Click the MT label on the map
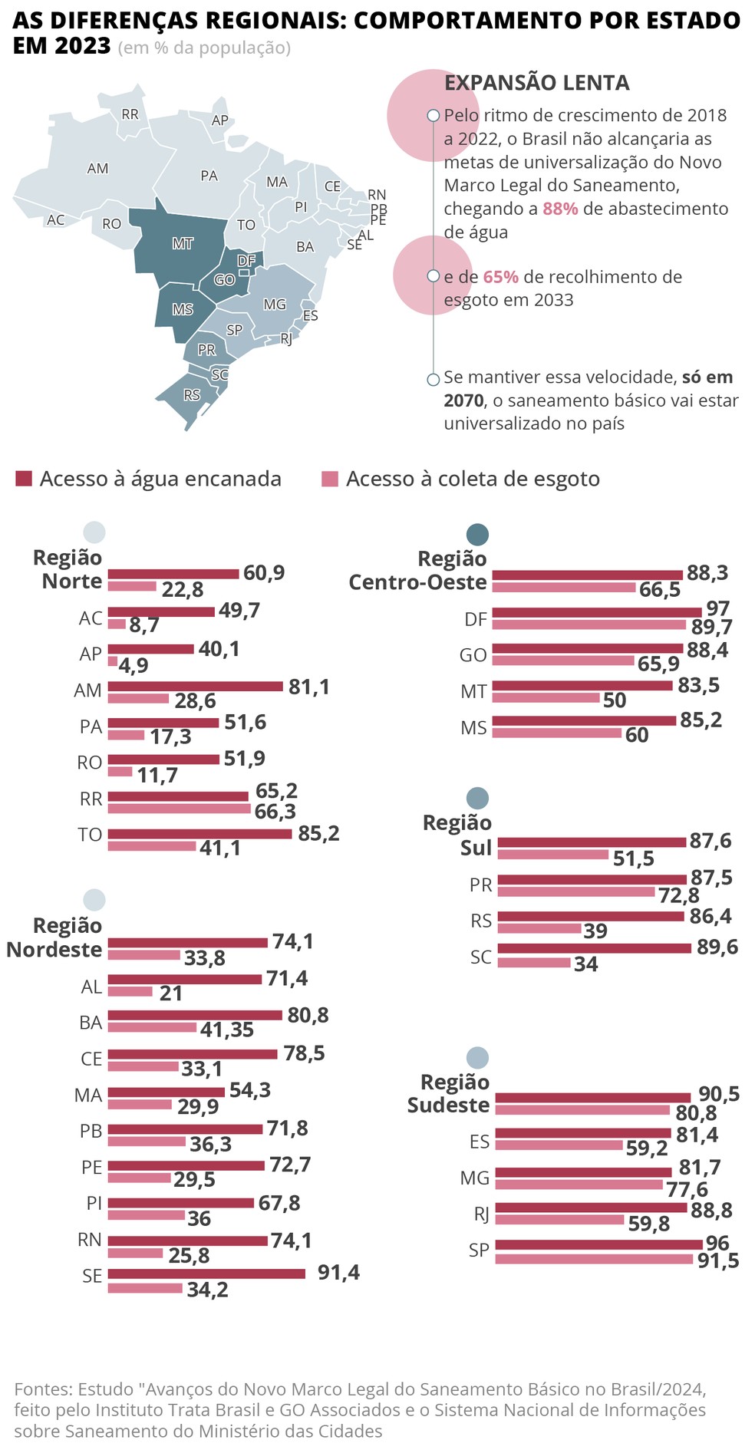(x=183, y=244)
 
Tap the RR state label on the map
(x=130, y=114)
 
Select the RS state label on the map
(x=192, y=395)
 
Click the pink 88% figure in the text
(x=560, y=209)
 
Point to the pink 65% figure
(x=500, y=277)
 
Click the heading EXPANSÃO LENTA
(x=537, y=83)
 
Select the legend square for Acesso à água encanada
(x=24, y=479)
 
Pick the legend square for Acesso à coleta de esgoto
(x=330, y=479)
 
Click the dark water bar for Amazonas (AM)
(x=196, y=686)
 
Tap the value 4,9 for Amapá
(x=134, y=665)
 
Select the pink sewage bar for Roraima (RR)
(x=180, y=809)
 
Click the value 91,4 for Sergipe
(x=338, y=1273)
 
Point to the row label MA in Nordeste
(x=88, y=1096)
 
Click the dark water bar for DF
(x=597, y=612)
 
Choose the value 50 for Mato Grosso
(x=615, y=700)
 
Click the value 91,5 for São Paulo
(x=718, y=1260)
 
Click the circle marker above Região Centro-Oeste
(x=477, y=535)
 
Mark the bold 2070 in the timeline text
(x=463, y=400)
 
